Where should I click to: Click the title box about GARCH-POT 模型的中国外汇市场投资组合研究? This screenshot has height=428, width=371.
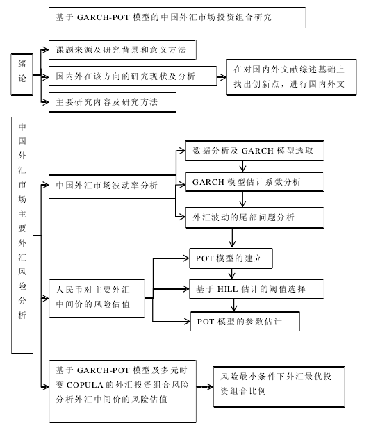pyautogui.click(x=177, y=18)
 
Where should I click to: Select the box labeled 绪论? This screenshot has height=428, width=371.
pyautogui.click(x=22, y=74)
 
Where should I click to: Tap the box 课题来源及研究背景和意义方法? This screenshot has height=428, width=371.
pyautogui.click(x=122, y=50)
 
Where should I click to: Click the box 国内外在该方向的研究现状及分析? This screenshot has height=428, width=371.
pyautogui.click(x=133, y=76)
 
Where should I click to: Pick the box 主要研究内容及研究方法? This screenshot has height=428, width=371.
pyautogui.click(x=112, y=102)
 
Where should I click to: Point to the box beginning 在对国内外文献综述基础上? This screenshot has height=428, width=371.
pyautogui.click(x=292, y=77)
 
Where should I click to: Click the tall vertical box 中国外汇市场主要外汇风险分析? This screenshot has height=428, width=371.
pyautogui.click(x=22, y=236)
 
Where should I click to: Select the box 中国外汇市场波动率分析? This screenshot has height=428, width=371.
pyautogui.click(x=112, y=186)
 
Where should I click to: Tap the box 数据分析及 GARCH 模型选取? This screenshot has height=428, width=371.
pyautogui.click(x=255, y=151)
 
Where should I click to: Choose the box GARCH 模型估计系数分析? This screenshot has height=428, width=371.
pyautogui.click(x=255, y=181)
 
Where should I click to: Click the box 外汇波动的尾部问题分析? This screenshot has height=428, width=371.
pyautogui.click(x=255, y=217)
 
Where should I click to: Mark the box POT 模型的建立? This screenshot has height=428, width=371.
pyautogui.click(x=231, y=258)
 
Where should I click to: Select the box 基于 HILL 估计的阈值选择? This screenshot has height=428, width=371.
pyautogui.click(x=256, y=289)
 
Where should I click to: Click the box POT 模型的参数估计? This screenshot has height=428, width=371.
pyautogui.click(x=245, y=322)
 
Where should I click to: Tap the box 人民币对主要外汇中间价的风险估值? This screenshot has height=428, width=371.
pyautogui.click(x=97, y=298)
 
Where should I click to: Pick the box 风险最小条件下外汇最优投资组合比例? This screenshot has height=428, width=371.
pyautogui.click(x=279, y=387)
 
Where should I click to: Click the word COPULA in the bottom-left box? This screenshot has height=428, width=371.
pyautogui.click(x=85, y=385)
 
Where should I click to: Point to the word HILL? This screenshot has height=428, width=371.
pyautogui.click(x=227, y=289)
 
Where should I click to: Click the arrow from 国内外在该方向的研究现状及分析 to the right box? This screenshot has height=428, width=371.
pyautogui.click(x=222, y=77)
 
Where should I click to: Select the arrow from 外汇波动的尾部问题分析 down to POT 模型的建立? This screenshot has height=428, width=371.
pyautogui.click(x=232, y=238)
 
